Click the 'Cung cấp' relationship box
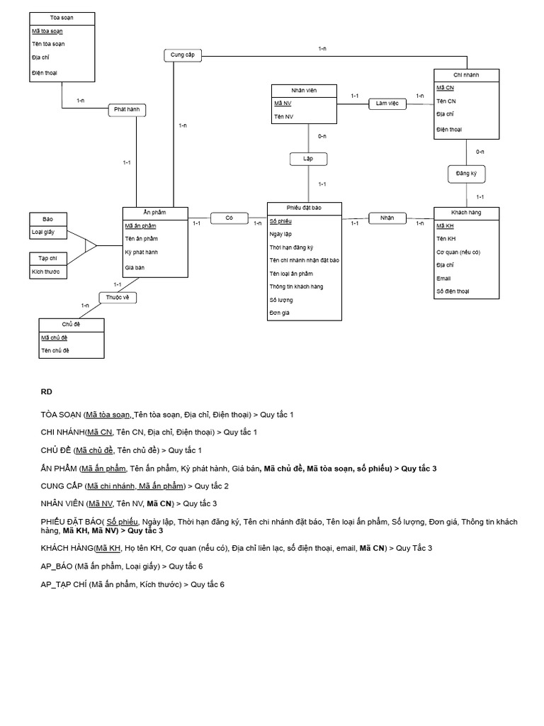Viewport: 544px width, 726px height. coord(183,55)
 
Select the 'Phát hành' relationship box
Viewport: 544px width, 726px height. coord(128,110)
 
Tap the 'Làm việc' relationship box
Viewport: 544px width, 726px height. coord(387,104)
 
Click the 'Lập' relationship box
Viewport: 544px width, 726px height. coord(308,159)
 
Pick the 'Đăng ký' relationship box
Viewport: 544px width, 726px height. coord(466,173)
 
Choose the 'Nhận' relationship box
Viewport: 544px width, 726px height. coord(387,218)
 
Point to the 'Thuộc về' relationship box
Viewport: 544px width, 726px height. coord(118,298)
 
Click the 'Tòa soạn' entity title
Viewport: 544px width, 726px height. coord(62,17)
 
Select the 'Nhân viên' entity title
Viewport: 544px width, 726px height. coord(303,90)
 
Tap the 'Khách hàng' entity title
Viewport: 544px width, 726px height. coord(466,213)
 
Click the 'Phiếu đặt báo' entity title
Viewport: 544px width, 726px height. coord(304,208)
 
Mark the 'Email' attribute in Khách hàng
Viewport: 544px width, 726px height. coord(443,279)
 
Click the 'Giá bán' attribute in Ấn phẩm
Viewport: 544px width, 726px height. coord(135,267)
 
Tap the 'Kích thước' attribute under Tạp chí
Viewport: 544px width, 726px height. coord(45,272)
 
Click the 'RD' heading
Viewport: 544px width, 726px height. coord(46,391)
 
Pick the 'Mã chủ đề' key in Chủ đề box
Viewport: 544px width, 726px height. coord(55,337)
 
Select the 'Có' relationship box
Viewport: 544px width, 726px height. coord(229,218)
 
